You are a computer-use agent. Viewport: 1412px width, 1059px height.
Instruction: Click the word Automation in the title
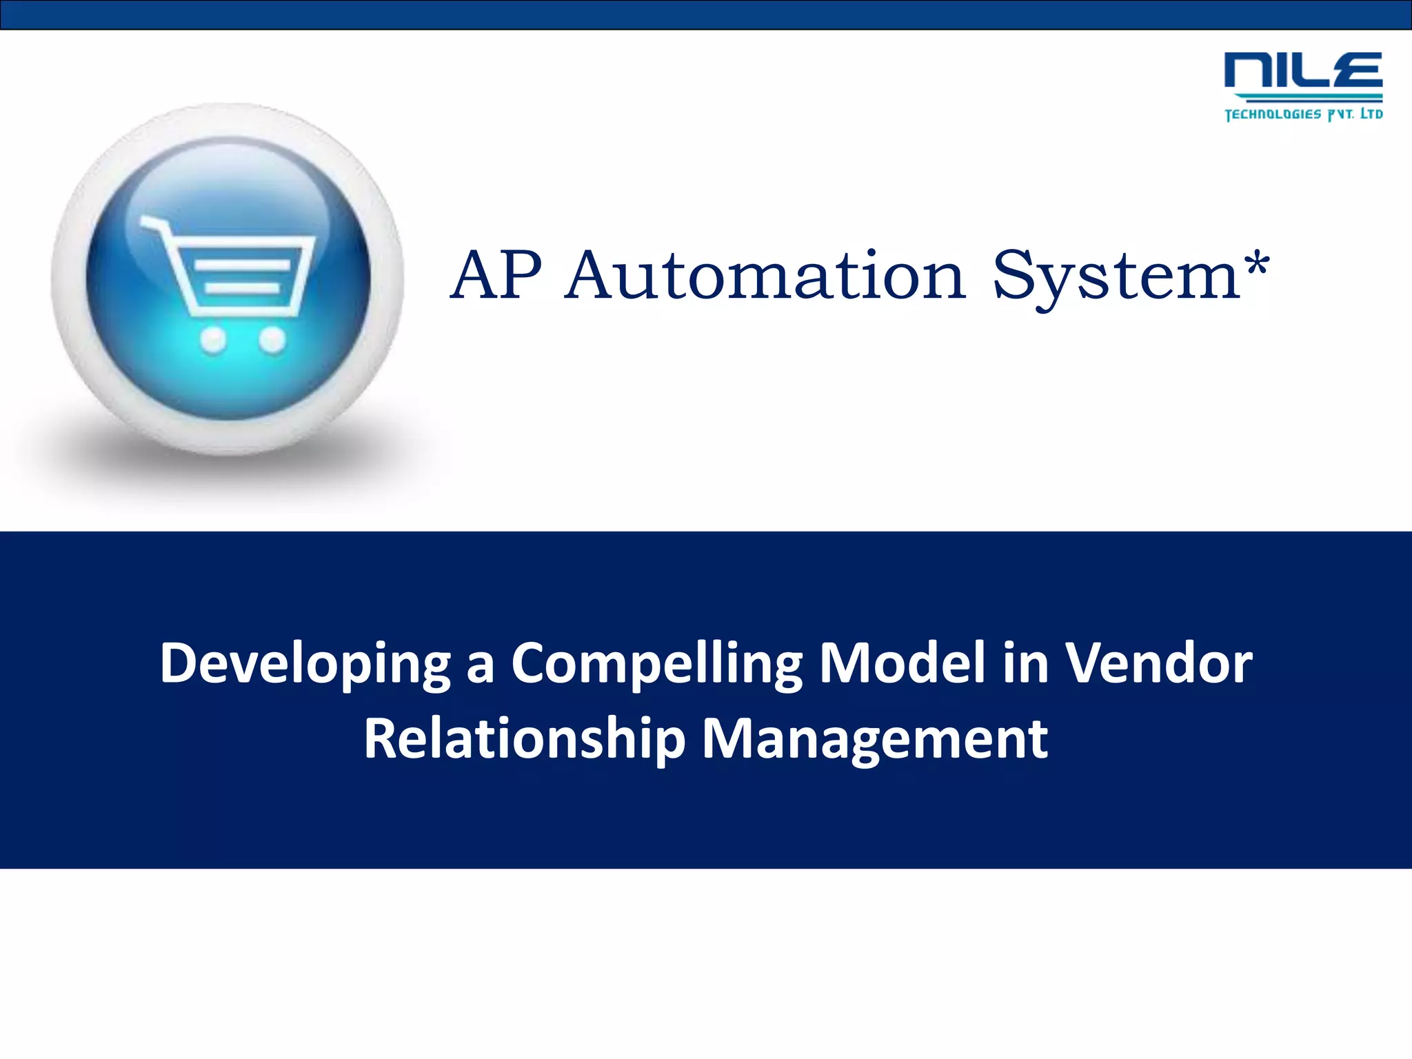[765, 275]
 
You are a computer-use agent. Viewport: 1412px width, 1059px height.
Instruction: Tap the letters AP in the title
[496, 275]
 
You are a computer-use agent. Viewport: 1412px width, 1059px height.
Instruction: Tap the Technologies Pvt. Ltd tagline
[1303, 114]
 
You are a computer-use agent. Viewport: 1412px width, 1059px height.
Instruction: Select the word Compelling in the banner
[656, 664]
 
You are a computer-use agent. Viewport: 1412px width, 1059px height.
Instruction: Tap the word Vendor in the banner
[1159, 663]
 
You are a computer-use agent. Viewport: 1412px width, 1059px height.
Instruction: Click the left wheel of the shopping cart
[213, 339]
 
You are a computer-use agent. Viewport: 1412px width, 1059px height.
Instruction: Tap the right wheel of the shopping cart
[272, 339]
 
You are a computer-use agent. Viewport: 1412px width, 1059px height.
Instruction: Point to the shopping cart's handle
[153, 223]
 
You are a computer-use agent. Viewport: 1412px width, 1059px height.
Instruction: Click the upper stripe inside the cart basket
[241, 265]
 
